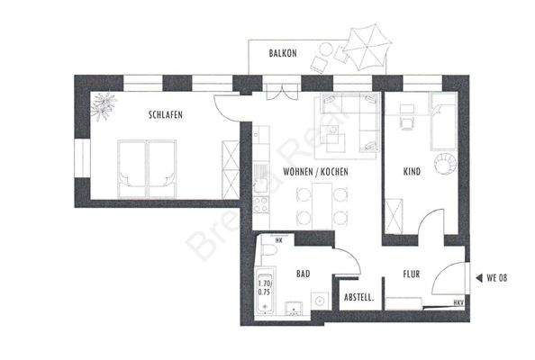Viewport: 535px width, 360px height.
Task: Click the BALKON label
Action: (283, 54)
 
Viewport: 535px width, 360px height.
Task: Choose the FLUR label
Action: (412, 274)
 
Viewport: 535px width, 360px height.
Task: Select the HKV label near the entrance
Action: (458, 302)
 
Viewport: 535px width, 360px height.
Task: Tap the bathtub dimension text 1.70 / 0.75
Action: (265, 286)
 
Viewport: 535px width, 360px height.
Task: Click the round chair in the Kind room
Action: (446, 164)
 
